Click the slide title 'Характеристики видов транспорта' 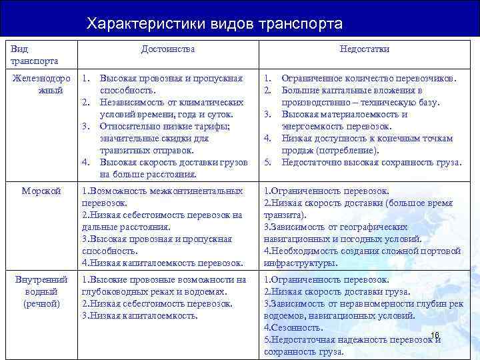coord(215,24)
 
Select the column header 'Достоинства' coord(168,49)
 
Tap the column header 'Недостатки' coord(364,49)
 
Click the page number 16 coord(435,334)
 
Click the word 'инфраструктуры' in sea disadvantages coord(297,263)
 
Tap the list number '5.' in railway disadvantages coord(268,162)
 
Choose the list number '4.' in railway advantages coord(85,162)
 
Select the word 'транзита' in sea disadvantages coord(283,215)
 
